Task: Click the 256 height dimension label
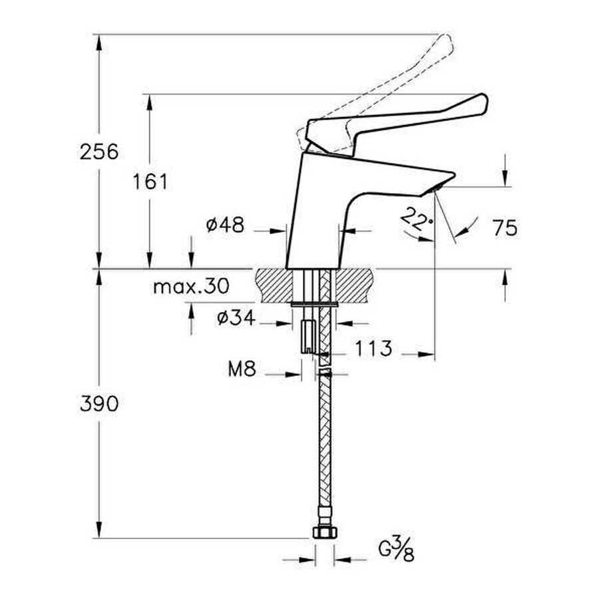coord(99,152)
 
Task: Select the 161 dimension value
coord(150,182)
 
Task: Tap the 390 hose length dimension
coord(99,404)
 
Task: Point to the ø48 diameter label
coord(225,225)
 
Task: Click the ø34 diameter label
coord(236,317)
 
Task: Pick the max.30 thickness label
coord(191,286)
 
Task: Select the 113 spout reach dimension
coord(373,348)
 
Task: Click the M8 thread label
coord(242,369)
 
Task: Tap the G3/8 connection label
coord(396,549)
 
